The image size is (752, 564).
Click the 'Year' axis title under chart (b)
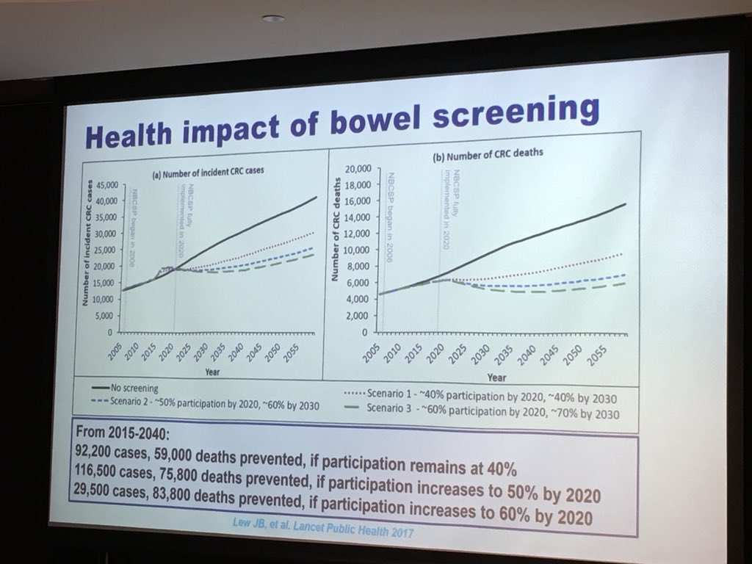(x=496, y=377)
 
